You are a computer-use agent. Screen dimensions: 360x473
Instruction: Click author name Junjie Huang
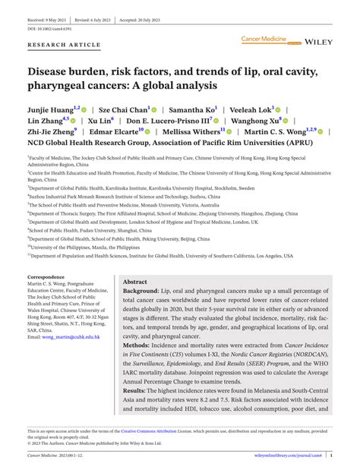point(49,109)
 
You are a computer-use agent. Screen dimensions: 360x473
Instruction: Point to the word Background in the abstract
point(142,290)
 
